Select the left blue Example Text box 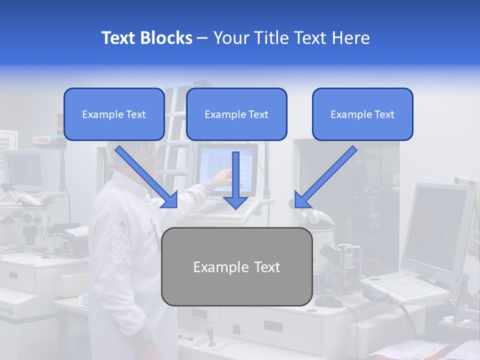click(114, 114)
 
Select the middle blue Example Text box click(236, 114)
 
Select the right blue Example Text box click(362, 114)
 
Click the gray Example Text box click(237, 267)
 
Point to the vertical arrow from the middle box click(235, 180)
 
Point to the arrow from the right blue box click(326, 177)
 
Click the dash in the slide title click(202, 38)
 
